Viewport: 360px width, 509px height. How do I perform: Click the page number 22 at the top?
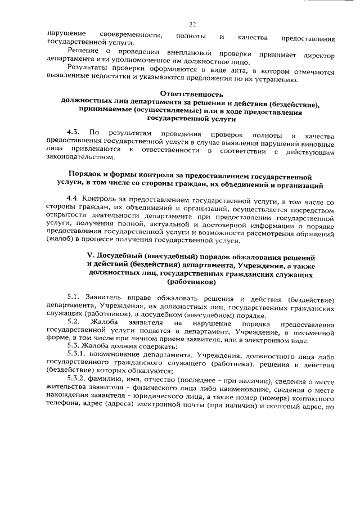(x=192, y=24)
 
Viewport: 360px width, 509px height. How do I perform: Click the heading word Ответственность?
(x=191, y=94)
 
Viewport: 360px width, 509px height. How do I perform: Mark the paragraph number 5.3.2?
(x=78, y=379)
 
